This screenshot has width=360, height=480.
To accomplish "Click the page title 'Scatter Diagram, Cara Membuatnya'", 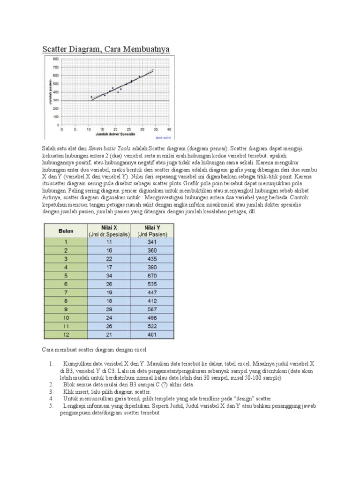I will click(106, 49).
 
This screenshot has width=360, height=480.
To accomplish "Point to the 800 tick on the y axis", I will click(55, 59).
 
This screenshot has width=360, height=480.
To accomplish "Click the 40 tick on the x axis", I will click(169, 129).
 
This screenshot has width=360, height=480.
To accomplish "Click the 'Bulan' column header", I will click(65, 231).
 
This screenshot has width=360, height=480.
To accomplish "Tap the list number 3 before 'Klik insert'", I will click(50, 391).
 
